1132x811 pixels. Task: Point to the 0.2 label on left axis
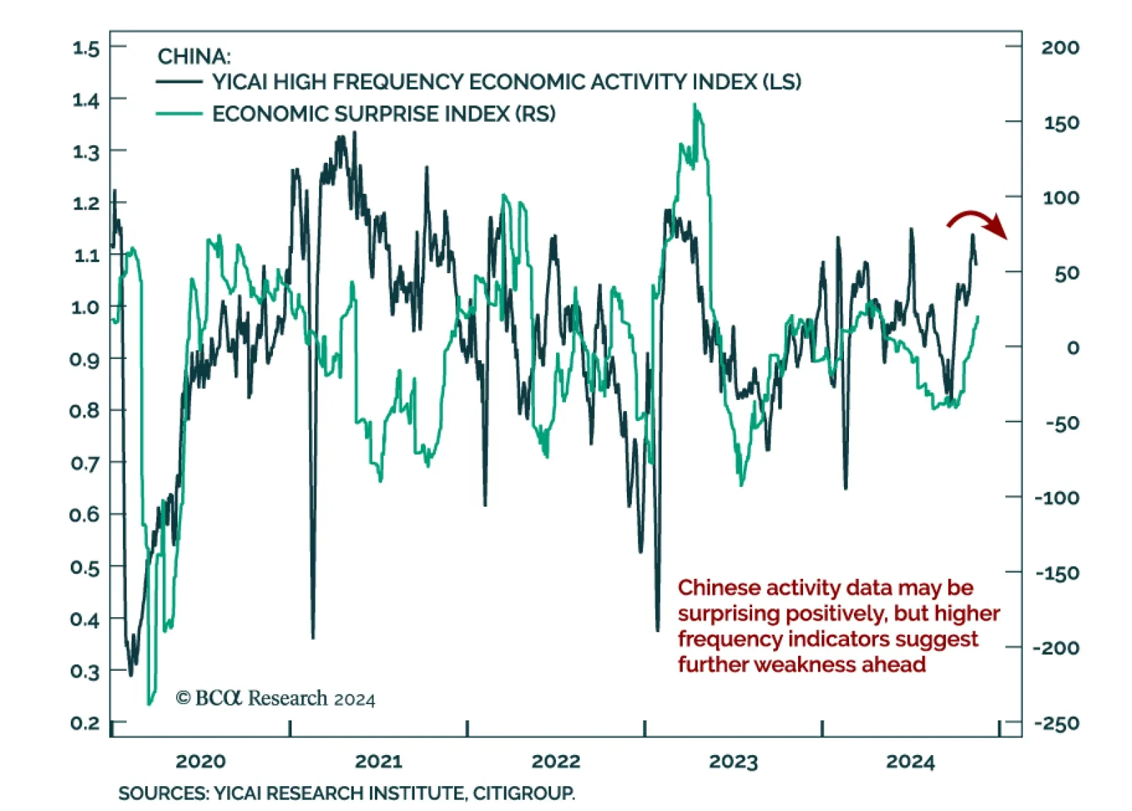pyautogui.click(x=85, y=723)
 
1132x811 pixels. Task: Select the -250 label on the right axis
pyautogui.click(x=1057, y=723)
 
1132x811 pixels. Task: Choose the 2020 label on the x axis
pyautogui.click(x=200, y=761)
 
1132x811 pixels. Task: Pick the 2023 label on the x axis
pyautogui.click(x=733, y=761)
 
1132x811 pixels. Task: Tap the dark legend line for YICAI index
pyautogui.click(x=179, y=82)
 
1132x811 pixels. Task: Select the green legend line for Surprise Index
pyautogui.click(x=179, y=113)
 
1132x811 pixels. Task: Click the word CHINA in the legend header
pyautogui.click(x=194, y=56)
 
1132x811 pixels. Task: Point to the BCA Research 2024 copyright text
pyautogui.click(x=275, y=698)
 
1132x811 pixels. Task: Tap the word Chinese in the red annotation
pyautogui.click(x=718, y=587)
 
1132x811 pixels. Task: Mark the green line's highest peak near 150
pyautogui.click(x=695, y=105)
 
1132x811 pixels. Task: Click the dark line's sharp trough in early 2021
pyautogui.click(x=313, y=637)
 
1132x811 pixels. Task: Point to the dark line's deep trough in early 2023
pyautogui.click(x=657, y=629)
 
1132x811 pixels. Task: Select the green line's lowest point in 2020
pyautogui.click(x=149, y=703)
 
